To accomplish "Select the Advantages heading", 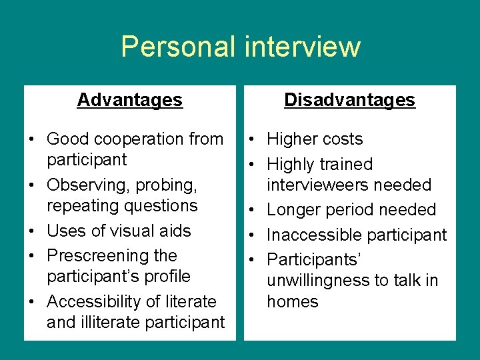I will pyautogui.click(x=129, y=100).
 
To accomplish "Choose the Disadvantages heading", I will pyautogui.click(x=349, y=100).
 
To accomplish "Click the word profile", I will pyautogui.click(x=167, y=276).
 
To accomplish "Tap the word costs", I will pyautogui.click(x=339, y=139).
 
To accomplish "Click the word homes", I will pyautogui.click(x=292, y=301).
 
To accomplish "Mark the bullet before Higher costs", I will pyautogui.click(x=254, y=139).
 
